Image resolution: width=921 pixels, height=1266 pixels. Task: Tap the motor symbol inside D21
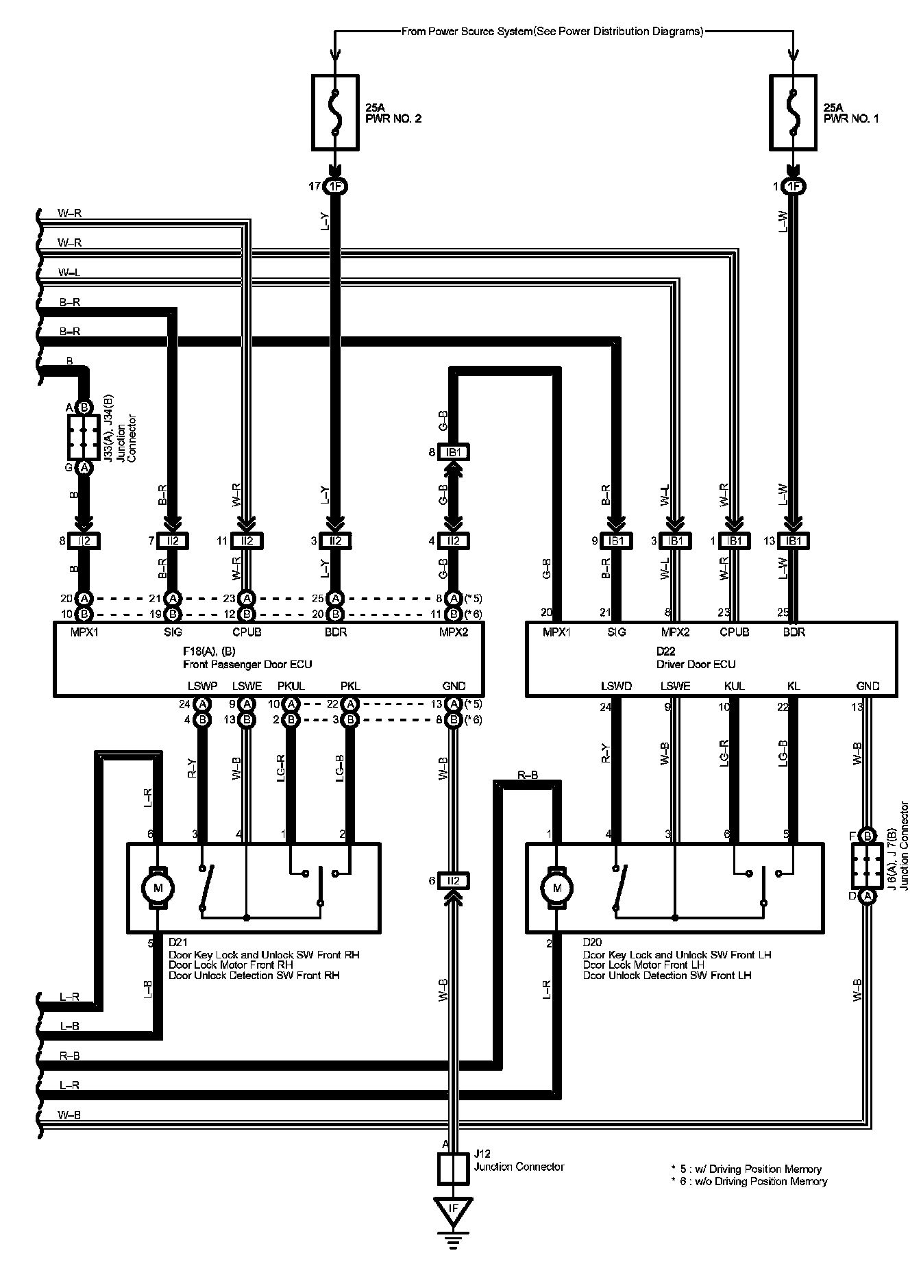click(x=158, y=888)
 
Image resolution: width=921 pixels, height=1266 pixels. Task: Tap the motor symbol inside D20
click(x=556, y=888)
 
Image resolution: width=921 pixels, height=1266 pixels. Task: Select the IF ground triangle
click(x=452, y=1209)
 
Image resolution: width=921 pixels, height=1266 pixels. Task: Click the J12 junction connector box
click(x=452, y=1169)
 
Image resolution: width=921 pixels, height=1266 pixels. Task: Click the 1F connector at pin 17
click(x=335, y=186)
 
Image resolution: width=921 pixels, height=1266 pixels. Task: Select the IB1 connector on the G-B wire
click(x=453, y=452)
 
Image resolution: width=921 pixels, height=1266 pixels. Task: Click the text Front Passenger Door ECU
click(x=247, y=664)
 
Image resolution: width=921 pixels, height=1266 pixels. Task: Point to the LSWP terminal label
click(x=202, y=686)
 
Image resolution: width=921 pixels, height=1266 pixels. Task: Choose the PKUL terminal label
click(x=291, y=686)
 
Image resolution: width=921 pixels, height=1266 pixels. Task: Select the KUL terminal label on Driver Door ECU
click(x=734, y=686)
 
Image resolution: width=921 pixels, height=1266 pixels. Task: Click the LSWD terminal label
click(x=616, y=686)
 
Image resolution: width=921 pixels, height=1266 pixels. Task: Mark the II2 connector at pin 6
click(x=453, y=881)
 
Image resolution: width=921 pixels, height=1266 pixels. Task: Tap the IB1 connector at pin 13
click(x=794, y=541)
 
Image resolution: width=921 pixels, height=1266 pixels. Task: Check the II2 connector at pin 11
click(x=247, y=541)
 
